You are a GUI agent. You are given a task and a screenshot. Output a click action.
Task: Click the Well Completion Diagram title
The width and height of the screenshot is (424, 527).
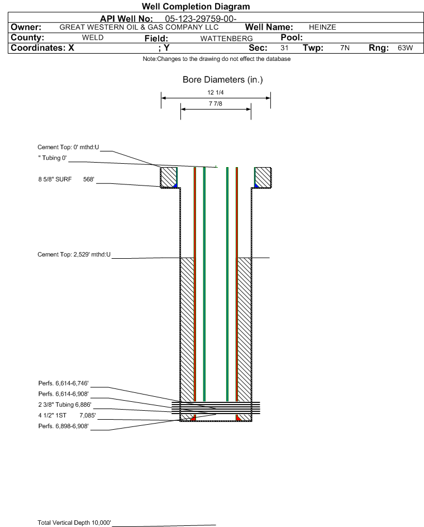click(196, 6)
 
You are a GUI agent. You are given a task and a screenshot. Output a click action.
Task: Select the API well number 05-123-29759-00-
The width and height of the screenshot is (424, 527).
click(201, 19)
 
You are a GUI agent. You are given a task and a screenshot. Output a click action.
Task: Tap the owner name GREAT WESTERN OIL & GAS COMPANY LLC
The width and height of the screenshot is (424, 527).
click(139, 27)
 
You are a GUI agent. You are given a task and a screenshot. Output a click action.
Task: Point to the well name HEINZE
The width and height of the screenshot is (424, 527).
click(322, 27)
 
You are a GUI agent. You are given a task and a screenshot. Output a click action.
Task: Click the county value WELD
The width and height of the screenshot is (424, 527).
click(93, 37)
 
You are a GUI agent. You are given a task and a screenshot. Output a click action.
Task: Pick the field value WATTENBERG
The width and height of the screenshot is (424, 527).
click(226, 39)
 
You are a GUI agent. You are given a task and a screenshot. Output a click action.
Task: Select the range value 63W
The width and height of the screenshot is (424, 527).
click(405, 48)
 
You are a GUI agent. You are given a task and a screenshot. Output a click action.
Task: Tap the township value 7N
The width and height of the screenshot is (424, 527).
click(345, 48)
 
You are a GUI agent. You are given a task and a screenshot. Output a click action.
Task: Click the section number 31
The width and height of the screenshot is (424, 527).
click(284, 48)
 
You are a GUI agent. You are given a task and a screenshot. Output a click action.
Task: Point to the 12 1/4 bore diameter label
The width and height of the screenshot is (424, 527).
click(216, 92)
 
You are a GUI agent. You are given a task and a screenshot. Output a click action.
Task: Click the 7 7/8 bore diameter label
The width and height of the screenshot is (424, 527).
click(216, 103)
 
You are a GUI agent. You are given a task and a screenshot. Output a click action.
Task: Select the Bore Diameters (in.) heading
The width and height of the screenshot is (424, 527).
click(222, 80)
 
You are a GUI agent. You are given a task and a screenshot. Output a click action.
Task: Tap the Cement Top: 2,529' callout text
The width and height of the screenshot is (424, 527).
click(74, 254)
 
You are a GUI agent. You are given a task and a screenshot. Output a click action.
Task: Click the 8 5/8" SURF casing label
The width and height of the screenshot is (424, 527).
click(55, 179)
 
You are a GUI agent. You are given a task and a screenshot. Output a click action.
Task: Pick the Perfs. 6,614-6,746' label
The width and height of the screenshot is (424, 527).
click(64, 383)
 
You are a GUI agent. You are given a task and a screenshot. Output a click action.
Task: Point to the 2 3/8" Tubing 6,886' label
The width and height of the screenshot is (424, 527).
click(65, 405)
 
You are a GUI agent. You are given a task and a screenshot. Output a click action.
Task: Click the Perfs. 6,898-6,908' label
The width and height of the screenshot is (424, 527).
click(64, 426)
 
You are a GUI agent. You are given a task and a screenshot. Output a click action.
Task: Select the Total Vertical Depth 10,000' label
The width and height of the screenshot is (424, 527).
click(74, 523)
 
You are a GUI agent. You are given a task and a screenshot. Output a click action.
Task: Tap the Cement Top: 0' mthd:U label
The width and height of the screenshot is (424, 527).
click(68, 147)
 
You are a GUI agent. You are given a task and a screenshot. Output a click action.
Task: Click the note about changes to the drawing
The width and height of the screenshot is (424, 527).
click(217, 59)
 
